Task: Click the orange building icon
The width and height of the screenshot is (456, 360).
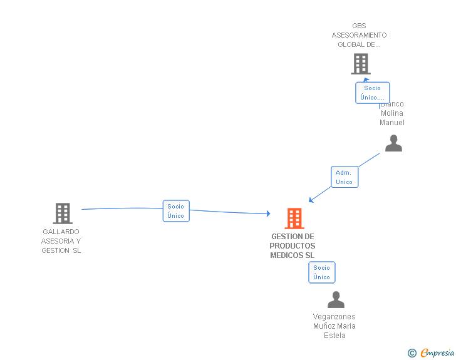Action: tap(294, 219)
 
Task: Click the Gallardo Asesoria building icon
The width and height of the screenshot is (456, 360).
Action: tap(62, 213)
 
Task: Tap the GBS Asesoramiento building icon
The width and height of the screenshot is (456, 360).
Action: tap(360, 64)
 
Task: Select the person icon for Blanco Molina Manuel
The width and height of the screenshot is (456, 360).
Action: tap(393, 143)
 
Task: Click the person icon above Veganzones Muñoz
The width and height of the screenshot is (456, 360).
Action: tap(336, 300)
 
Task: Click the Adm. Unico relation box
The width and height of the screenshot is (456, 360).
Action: tap(344, 177)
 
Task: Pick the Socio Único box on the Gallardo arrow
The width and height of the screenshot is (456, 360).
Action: tap(176, 211)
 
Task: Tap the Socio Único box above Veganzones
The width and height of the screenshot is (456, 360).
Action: tap(321, 272)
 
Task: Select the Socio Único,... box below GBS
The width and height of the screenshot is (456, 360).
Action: tap(372, 93)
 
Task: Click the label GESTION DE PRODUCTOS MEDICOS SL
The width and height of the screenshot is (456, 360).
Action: tap(293, 246)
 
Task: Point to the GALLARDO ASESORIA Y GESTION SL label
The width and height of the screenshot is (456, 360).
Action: tap(61, 241)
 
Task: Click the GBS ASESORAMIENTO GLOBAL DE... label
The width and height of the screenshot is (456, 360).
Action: tap(359, 35)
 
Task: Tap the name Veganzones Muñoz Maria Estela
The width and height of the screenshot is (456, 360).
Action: tap(334, 326)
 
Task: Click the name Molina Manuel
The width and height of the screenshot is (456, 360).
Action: tap(392, 118)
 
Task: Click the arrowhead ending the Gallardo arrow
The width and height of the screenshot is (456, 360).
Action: tap(268, 214)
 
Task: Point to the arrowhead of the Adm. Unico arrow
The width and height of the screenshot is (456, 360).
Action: tap(311, 200)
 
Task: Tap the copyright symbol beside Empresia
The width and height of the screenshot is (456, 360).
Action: tap(412, 353)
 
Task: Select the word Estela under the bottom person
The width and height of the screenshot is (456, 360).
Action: tap(334, 336)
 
